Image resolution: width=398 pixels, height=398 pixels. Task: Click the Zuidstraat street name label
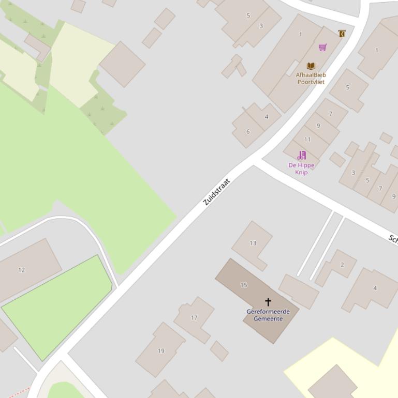216,192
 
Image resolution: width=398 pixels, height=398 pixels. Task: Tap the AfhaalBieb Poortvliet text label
311,78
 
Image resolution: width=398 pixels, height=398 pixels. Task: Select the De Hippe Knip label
301,169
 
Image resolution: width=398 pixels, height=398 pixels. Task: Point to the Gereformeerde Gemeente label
268,315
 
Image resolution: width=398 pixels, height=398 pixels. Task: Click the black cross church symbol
268,301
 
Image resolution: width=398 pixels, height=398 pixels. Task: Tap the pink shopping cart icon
322,48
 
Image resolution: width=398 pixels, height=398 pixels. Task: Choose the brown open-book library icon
311,66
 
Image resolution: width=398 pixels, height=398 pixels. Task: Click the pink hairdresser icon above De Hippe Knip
301,155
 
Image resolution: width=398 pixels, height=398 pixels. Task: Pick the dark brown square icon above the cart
342,34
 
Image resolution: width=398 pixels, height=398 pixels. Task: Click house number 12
21,270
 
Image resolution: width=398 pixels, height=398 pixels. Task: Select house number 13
253,243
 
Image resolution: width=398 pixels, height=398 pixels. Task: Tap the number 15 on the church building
244,285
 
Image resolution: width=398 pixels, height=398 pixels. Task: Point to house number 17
194,318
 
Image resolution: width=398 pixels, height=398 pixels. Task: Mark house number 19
161,351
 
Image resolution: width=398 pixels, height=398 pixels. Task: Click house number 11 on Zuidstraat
307,140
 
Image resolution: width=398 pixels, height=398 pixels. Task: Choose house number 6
247,132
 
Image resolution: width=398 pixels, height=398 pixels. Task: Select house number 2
342,265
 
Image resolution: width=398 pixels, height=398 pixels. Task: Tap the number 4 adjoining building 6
267,117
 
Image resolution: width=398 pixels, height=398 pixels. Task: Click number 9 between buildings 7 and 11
318,126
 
